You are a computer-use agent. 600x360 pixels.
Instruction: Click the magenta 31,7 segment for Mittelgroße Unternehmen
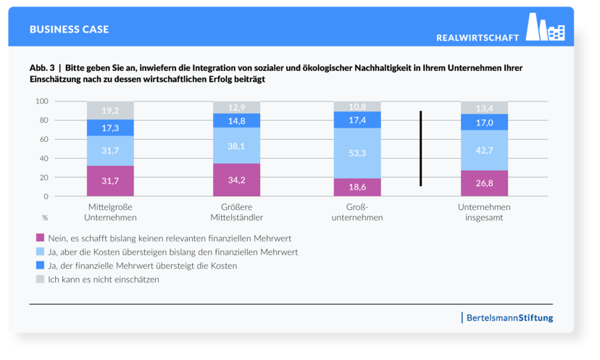coord(110,181)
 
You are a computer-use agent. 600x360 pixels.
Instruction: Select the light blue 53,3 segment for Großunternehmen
coord(357,153)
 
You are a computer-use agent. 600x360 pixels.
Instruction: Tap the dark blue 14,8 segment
coord(236,121)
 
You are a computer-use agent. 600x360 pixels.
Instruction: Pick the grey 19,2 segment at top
coord(110,111)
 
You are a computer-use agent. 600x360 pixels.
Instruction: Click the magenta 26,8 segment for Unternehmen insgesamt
coord(484,183)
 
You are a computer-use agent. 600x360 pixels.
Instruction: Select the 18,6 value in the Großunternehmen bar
coord(357,187)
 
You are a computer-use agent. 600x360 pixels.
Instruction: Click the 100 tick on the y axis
coord(41,101)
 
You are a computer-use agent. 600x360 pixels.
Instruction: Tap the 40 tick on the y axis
coord(43,159)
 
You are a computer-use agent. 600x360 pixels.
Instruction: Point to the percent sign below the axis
coord(45,217)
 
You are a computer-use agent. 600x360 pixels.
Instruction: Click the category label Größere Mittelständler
coord(236,212)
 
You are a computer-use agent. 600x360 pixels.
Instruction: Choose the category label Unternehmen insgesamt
coord(484,212)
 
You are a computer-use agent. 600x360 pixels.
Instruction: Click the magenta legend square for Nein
coord(40,238)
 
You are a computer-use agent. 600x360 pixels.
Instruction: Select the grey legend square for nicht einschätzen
coord(40,279)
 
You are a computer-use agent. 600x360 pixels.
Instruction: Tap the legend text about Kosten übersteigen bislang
coord(173,252)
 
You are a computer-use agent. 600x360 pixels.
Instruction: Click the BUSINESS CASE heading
coord(70,30)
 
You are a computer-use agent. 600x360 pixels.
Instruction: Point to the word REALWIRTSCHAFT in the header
coord(478,37)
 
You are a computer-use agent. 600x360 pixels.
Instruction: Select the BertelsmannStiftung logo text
coord(509,318)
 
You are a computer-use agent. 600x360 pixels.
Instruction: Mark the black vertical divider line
coord(420,148)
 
